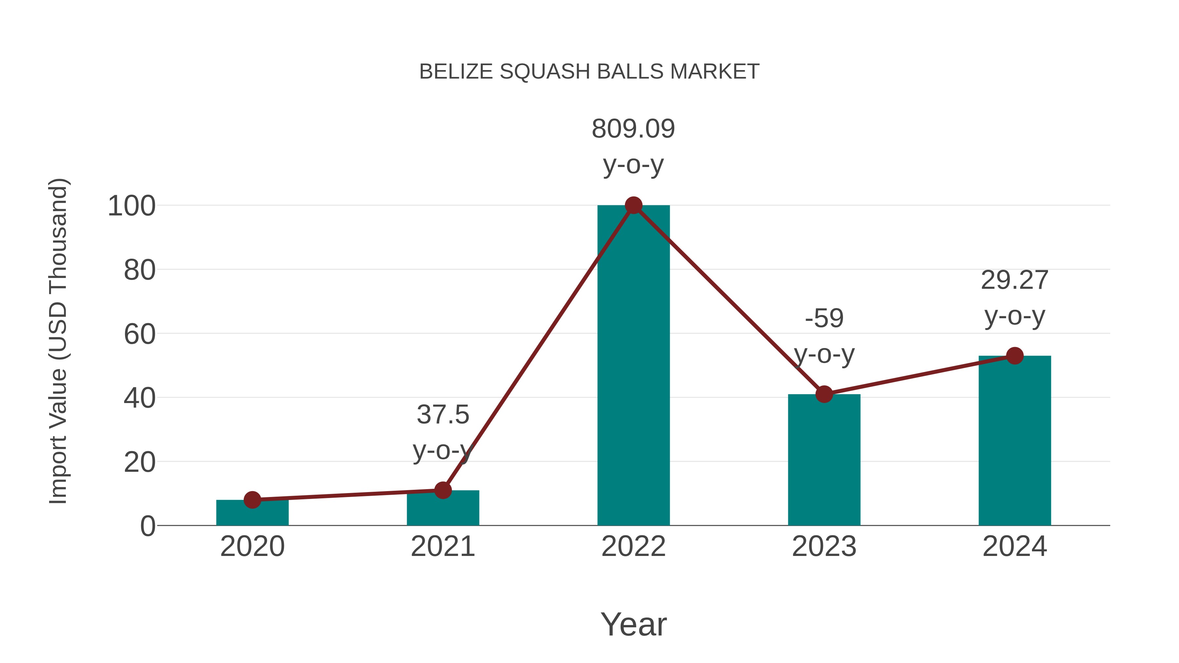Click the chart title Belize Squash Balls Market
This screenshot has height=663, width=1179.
pos(589,72)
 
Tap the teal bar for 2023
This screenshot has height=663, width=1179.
pos(824,462)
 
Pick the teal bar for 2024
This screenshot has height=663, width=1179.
pos(1015,444)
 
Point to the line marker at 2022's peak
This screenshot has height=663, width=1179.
pos(633,205)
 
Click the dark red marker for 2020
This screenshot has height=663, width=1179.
pos(252,500)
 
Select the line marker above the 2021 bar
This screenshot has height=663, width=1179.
pos(442,490)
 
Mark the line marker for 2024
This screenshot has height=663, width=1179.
pos(1015,356)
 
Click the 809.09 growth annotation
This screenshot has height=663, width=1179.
pos(633,129)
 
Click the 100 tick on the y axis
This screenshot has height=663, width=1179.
pos(131,206)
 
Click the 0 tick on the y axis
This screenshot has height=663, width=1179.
pos(147,526)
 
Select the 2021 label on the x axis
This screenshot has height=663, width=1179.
pos(442,546)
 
